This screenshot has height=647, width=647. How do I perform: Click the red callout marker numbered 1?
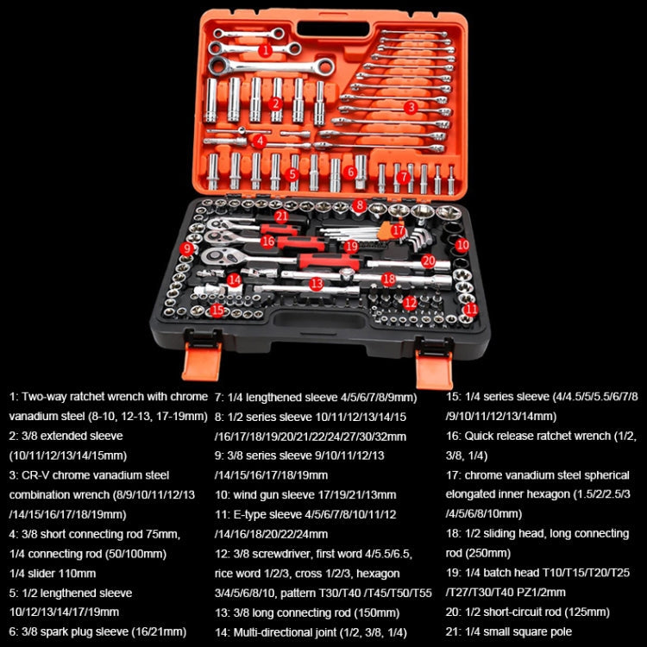coord(266,51)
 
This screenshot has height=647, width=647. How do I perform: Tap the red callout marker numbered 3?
coord(411,107)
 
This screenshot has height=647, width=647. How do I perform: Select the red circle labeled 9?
coord(187,248)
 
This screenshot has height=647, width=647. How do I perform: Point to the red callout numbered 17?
coord(398,231)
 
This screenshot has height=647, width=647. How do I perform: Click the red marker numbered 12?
coord(411,303)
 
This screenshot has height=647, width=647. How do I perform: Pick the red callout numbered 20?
coord(427,260)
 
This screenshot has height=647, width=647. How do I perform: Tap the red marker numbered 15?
coord(217,309)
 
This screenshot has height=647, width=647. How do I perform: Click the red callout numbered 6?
coord(349,172)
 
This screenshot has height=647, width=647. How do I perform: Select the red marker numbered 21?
coord(281,216)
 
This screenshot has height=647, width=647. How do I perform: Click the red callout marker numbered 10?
coord(462,245)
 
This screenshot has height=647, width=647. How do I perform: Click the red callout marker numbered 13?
coord(317,283)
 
